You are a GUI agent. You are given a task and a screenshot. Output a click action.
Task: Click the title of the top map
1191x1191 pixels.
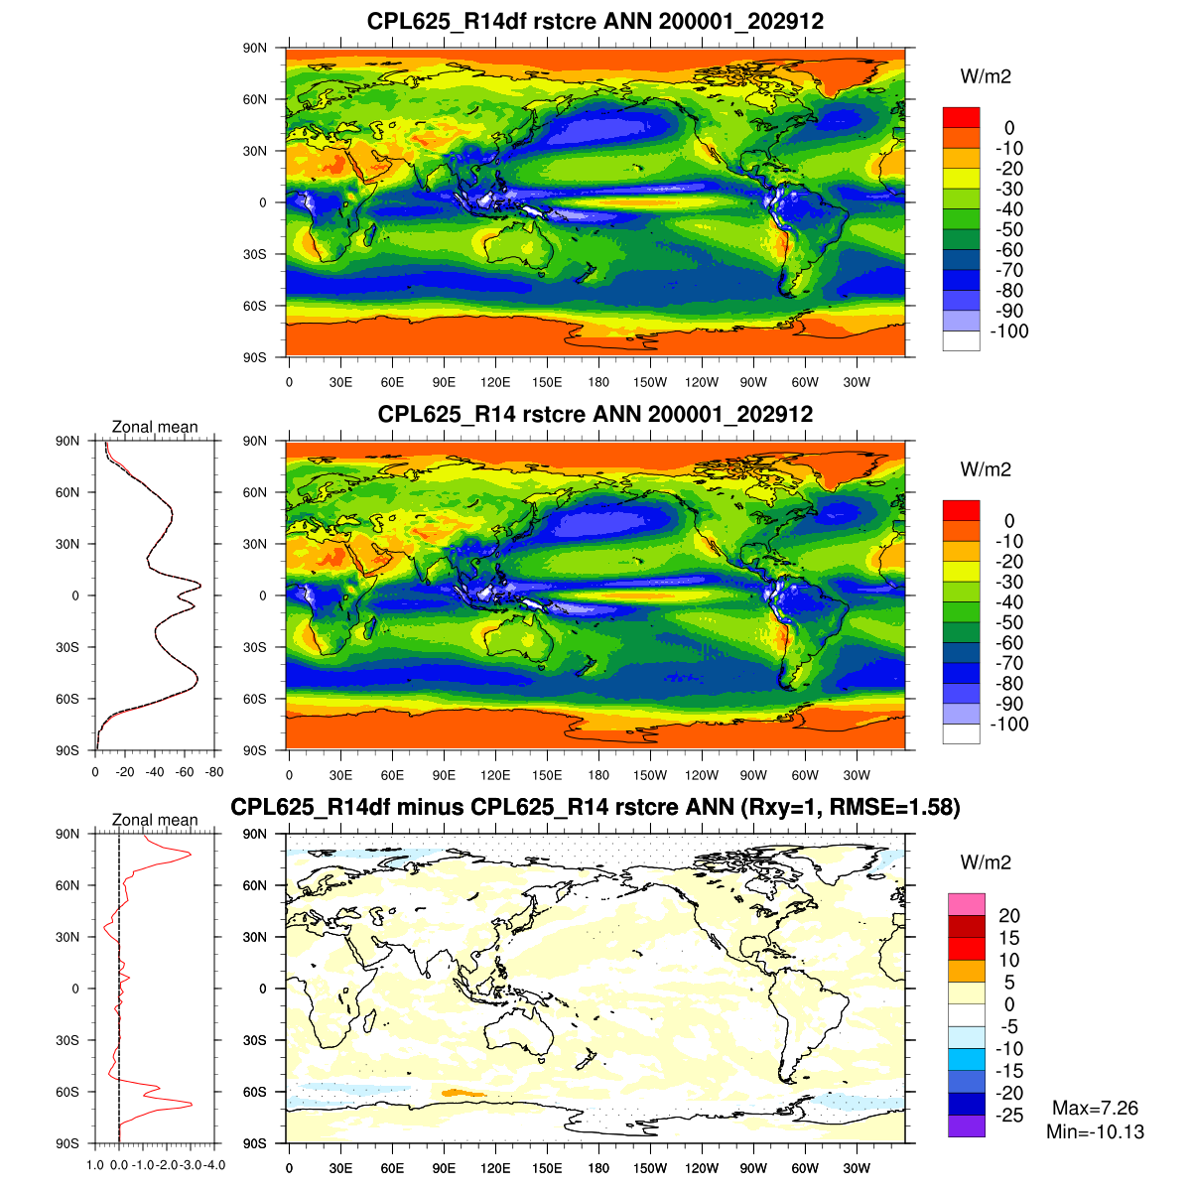point(595,21)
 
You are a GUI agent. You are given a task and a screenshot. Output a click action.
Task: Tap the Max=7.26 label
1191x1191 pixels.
point(1095,1109)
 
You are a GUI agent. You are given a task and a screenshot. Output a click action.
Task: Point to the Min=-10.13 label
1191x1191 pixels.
point(1095,1131)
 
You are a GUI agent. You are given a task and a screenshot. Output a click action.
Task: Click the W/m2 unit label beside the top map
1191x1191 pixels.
point(986,76)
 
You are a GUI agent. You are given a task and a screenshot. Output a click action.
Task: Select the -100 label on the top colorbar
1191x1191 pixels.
point(1009,331)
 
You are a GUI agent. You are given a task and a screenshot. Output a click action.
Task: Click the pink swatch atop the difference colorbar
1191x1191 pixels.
point(966,904)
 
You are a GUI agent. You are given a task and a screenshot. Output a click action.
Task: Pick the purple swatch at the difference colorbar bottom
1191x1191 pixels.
point(966,1126)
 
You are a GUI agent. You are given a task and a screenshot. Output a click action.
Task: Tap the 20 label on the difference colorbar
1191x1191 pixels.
point(1008,916)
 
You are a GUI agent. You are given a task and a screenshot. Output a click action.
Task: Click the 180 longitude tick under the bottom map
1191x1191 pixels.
point(598,1169)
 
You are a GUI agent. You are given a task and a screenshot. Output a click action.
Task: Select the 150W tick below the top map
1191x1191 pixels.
point(650,383)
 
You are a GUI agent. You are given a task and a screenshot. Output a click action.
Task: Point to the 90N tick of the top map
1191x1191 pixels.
point(255,49)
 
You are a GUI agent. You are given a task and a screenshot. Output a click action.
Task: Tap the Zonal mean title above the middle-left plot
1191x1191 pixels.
point(155,427)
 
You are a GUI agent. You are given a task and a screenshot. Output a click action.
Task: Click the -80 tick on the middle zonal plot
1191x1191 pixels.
point(214,772)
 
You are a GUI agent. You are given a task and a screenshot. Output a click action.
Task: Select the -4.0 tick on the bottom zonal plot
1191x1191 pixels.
point(214,1165)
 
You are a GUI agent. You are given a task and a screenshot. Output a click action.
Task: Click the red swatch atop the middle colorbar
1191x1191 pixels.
point(961,510)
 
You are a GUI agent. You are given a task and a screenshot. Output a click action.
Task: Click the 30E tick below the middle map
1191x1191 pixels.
point(340,776)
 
